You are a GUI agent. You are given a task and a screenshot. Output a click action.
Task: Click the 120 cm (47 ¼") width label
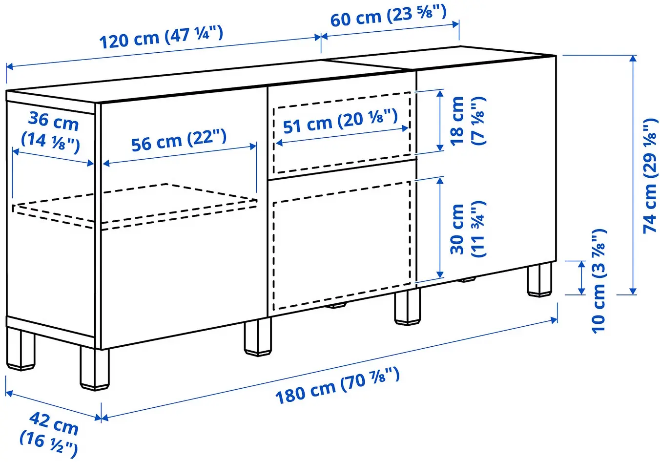point(161,38)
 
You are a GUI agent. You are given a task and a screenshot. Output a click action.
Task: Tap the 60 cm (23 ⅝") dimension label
point(388,17)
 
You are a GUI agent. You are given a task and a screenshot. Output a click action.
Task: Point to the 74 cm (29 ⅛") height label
point(650,175)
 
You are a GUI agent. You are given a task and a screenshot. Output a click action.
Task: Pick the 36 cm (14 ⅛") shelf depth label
point(52,132)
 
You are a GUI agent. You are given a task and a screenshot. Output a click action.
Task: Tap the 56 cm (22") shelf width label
point(179,141)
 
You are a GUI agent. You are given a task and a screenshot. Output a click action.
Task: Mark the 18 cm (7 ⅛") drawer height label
point(467,121)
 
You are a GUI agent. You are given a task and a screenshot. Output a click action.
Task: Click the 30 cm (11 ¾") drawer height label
point(467,229)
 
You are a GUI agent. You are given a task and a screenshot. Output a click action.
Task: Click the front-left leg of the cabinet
point(94,369)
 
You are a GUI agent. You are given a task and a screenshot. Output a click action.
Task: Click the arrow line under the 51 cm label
point(342,136)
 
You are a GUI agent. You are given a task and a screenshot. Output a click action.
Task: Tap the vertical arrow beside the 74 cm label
point(633,175)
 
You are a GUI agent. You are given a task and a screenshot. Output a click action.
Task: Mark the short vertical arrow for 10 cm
point(581,278)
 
